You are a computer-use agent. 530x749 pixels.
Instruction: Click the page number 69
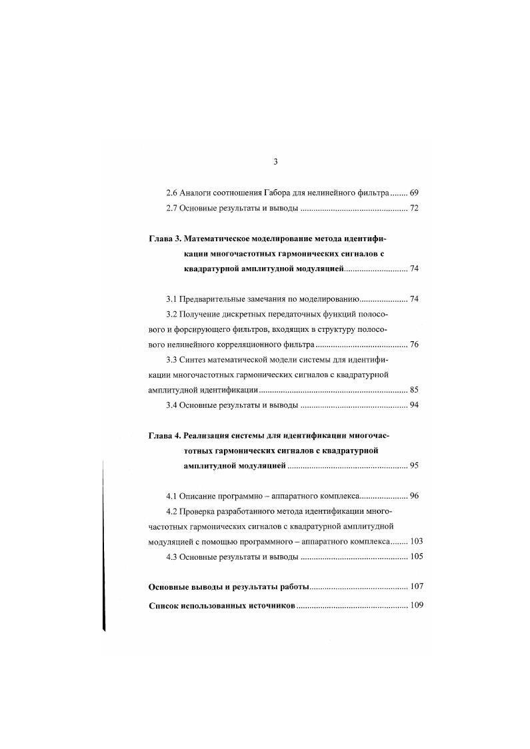click(x=413, y=193)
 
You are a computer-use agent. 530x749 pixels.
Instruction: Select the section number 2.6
click(x=171, y=193)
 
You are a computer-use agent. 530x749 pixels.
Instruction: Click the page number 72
click(x=413, y=209)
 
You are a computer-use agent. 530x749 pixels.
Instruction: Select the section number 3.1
click(x=171, y=300)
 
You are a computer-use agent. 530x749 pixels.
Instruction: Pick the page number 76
click(x=413, y=345)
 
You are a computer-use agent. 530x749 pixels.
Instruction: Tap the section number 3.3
click(x=171, y=361)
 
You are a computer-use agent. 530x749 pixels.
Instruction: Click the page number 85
click(x=413, y=390)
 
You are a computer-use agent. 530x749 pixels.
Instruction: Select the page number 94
click(x=413, y=406)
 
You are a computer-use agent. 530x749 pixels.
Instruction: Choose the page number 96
click(x=413, y=497)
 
